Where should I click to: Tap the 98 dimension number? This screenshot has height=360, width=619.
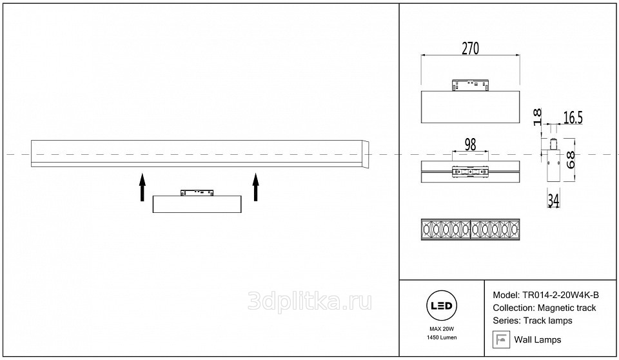coord(470,145)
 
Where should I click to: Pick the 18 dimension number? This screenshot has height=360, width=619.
coord(537,115)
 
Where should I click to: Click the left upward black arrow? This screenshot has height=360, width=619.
coord(142,186)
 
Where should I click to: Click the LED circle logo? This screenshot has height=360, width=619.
coord(441,305)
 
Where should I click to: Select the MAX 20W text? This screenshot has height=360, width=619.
coord(441,329)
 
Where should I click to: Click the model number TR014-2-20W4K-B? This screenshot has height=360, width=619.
coord(564,295)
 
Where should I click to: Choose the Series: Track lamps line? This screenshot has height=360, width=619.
coord(532,321)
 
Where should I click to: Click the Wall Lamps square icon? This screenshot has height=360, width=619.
coord(500,339)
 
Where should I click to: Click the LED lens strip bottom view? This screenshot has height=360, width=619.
coord(469,230)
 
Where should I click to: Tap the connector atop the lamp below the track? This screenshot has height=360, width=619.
coord(197,192)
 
